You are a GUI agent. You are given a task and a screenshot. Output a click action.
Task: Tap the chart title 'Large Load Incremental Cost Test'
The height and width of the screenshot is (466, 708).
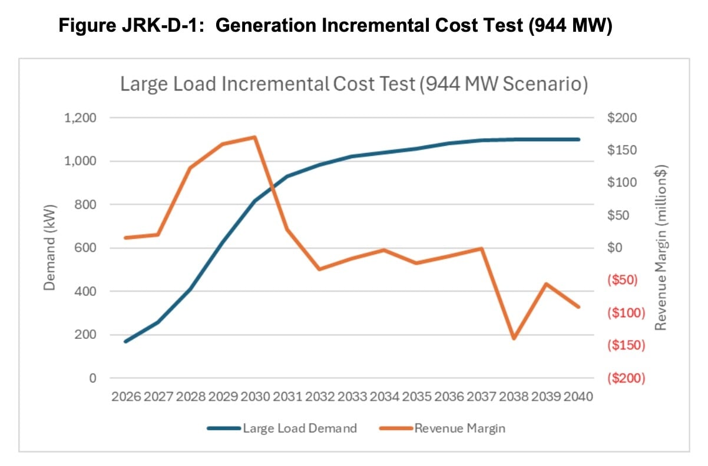click(267, 84)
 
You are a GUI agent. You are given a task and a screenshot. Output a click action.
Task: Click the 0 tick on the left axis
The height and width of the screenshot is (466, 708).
click(92, 378)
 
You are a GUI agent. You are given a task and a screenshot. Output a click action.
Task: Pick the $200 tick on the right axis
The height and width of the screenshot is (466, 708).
click(623, 118)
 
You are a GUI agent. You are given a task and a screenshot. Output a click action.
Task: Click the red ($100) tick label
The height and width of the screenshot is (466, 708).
click(626, 313)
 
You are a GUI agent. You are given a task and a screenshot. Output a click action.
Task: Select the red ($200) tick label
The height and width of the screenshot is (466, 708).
click(626, 378)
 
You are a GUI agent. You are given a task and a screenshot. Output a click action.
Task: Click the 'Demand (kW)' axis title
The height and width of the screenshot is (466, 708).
click(51, 248)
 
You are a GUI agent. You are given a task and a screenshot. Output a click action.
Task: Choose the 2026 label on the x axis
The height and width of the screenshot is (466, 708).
click(126, 397)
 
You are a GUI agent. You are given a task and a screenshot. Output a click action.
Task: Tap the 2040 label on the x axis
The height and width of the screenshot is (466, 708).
click(578, 397)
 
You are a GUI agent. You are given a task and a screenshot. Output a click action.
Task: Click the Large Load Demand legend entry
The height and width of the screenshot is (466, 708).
click(283, 428)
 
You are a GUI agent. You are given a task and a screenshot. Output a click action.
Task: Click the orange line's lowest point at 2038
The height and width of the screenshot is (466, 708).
click(514, 338)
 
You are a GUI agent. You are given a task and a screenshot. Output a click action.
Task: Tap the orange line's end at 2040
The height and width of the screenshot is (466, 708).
click(578, 307)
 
